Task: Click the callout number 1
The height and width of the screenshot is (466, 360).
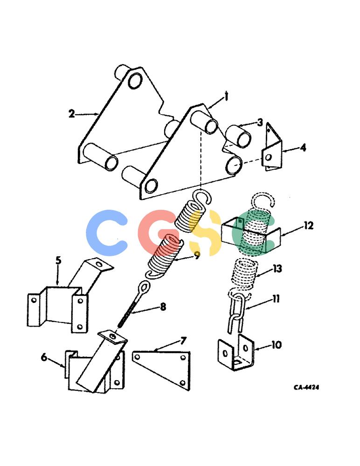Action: (x=226, y=96)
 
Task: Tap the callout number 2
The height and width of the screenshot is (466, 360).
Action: (x=72, y=114)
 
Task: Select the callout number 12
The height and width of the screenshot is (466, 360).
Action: (x=309, y=226)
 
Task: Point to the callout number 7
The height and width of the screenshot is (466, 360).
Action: (x=184, y=341)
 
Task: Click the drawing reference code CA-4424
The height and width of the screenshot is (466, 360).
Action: (x=306, y=387)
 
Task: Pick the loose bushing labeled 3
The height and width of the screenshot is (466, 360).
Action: (x=238, y=136)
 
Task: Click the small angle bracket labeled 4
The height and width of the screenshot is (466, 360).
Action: (x=272, y=147)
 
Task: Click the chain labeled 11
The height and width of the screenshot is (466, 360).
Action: (x=237, y=314)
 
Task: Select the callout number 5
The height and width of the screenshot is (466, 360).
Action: (x=59, y=260)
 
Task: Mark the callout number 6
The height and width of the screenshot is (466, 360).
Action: (x=44, y=357)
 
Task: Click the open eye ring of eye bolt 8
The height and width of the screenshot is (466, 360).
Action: (x=144, y=288)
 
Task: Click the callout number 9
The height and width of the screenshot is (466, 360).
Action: (x=197, y=255)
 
